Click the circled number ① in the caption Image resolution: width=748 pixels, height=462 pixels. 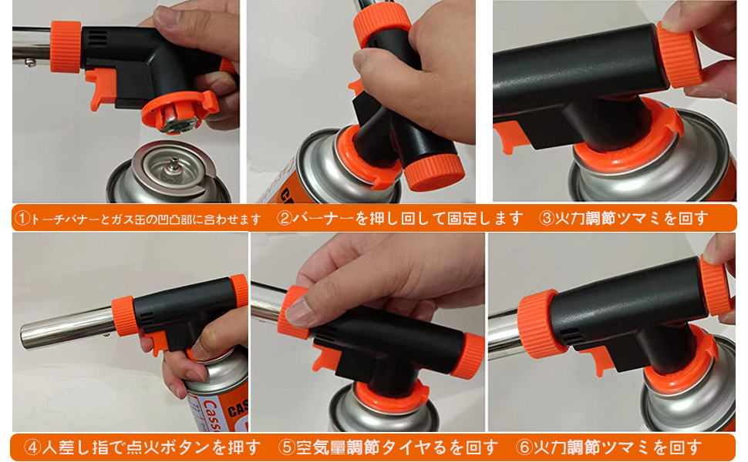point(22,219)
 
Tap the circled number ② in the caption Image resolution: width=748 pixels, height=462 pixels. point(285,218)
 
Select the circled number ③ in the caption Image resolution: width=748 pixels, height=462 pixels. point(547,218)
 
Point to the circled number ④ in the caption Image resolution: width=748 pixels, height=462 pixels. point(32,447)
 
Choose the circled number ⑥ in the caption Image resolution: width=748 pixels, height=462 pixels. point(524,447)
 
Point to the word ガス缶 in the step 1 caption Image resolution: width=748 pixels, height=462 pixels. point(146,219)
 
